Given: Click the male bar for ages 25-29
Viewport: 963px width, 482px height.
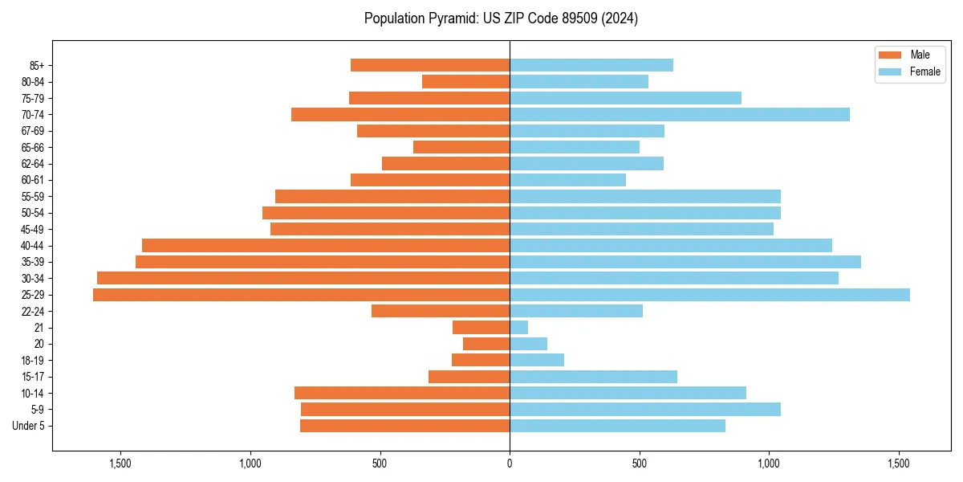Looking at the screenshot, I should coord(301,295).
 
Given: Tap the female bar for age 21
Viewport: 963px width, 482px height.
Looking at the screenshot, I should coord(519,328).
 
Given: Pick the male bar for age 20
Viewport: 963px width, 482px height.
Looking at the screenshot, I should coord(486,344).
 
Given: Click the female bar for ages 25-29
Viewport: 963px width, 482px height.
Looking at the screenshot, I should coord(709,295).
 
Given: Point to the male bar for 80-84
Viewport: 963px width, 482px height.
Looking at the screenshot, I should coord(465,82).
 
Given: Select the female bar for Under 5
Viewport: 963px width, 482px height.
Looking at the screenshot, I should coord(617,426).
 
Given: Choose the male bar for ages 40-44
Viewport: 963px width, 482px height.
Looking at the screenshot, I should coord(326,246).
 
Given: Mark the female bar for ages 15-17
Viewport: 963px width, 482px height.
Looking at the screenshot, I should coord(593,377).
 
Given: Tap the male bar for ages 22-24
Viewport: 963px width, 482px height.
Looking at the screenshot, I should coord(441,312).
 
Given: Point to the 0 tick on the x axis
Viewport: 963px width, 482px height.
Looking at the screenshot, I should coord(510,464).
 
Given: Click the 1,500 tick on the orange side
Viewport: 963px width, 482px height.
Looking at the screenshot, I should coord(120,464).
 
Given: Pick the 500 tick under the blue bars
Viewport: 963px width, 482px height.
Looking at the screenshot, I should coord(640,464).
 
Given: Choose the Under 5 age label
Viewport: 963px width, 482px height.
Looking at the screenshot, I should coord(28,426).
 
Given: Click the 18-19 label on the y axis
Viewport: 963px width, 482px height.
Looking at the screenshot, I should coord(33,361).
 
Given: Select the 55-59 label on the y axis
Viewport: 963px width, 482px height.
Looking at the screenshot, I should coord(33,197).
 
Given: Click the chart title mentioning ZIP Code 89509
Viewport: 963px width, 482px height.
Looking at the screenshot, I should coord(501,18).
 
